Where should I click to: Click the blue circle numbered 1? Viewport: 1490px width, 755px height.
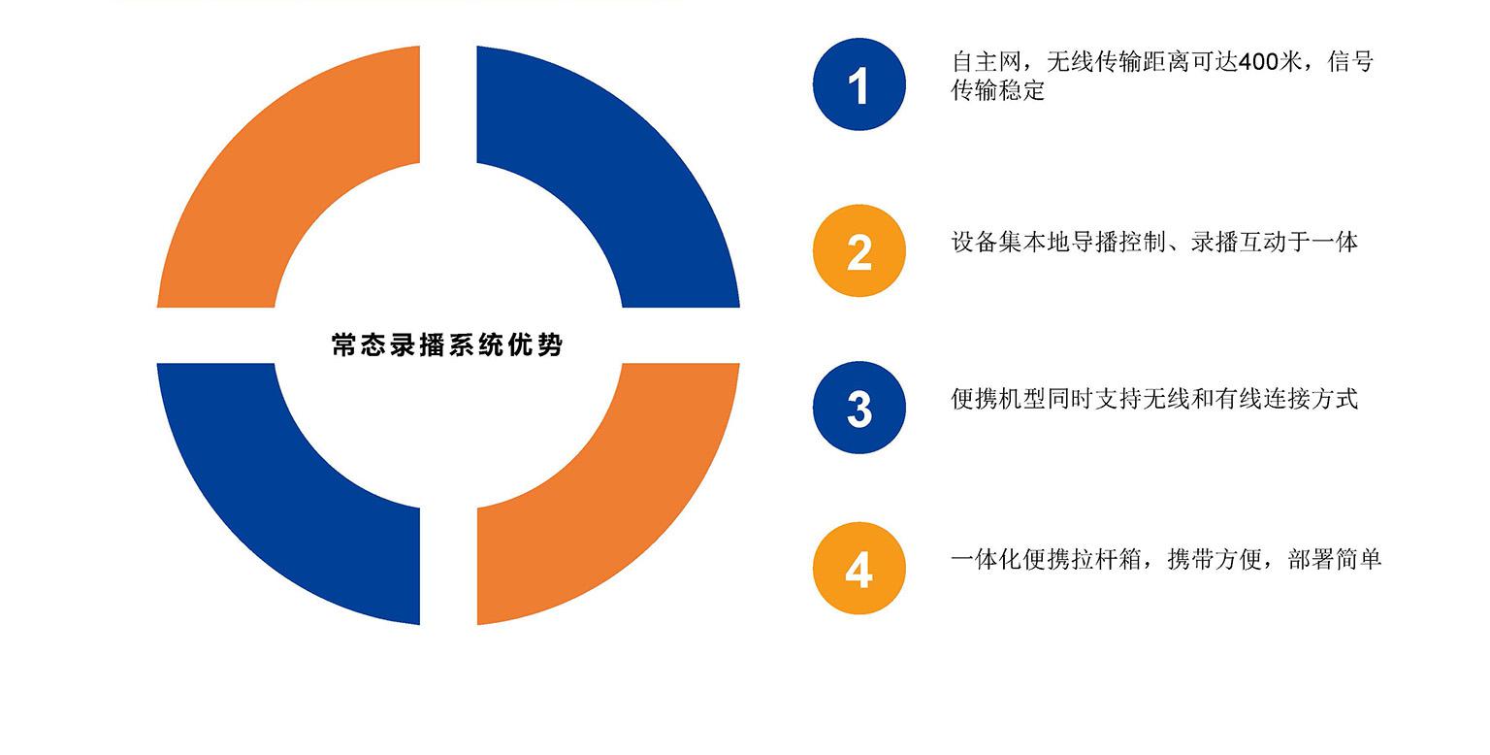pos(858,84)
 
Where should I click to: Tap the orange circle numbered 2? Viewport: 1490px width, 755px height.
pos(858,250)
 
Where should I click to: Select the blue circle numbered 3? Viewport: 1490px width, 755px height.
pos(858,408)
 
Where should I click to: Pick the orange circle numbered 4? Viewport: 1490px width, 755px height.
pos(858,568)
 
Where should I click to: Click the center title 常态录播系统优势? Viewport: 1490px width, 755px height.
pos(447,345)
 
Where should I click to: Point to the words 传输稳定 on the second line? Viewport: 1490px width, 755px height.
pos(998,90)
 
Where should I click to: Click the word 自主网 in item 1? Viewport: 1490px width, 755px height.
pos(987,62)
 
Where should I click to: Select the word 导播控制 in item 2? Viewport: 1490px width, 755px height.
pos(1118,242)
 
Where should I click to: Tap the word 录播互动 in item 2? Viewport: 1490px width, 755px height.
pos(1238,242)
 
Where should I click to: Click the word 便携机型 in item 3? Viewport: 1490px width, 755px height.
pos(998,399)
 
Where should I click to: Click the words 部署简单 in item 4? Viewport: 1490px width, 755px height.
pos(1335,559)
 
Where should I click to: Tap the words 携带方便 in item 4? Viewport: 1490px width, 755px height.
pos(1215,559)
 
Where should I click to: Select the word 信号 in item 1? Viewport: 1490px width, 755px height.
pos(1351,62)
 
